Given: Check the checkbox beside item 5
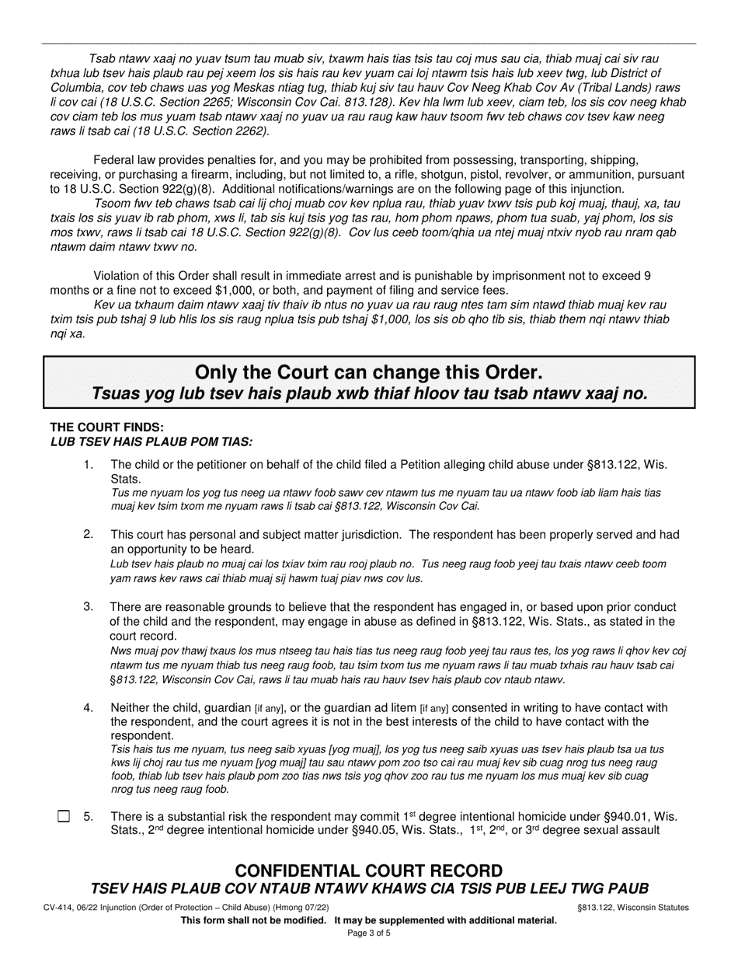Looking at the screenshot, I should tap(64, 816).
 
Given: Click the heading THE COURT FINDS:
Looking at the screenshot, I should tap(106, 427).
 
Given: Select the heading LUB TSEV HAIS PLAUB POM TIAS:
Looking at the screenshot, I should tap(151, 441).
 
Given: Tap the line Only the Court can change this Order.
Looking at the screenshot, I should tap(368, 372).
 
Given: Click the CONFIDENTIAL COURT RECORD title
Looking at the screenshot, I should tap(368, 871).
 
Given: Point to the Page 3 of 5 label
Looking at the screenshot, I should tap(368, 933).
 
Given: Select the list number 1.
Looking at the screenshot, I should tap(89, 465).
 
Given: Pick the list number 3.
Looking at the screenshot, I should tap(89, 606).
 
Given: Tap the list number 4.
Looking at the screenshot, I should tap(89, 707).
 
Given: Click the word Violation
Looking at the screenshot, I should tap(120, 275).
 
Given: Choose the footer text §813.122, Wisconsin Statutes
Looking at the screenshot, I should tap(632, 908).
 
